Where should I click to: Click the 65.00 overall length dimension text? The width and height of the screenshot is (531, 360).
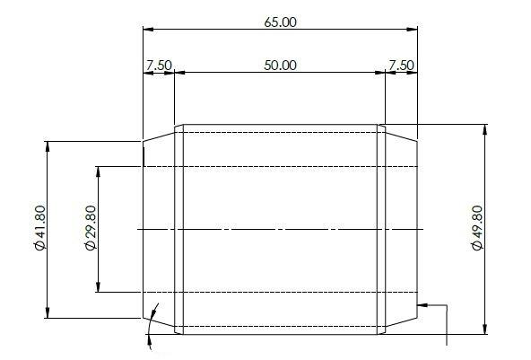point(280,22)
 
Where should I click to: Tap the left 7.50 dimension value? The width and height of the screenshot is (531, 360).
point(158,66)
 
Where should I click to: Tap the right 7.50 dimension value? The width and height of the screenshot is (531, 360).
point(401,66)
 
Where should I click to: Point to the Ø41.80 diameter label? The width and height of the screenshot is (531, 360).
point(39,229)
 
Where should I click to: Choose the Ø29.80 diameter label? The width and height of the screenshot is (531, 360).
point(90,229)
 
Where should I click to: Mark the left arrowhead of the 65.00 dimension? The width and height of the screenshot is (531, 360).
point(148,30)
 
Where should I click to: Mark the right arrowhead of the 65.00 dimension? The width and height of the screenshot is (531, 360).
point(413,30)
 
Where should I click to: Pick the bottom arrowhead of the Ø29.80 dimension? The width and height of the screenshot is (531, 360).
point(100,286)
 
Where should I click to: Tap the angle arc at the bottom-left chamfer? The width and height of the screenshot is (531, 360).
point(154,316)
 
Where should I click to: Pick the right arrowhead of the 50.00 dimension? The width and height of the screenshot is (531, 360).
point(380,73)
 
